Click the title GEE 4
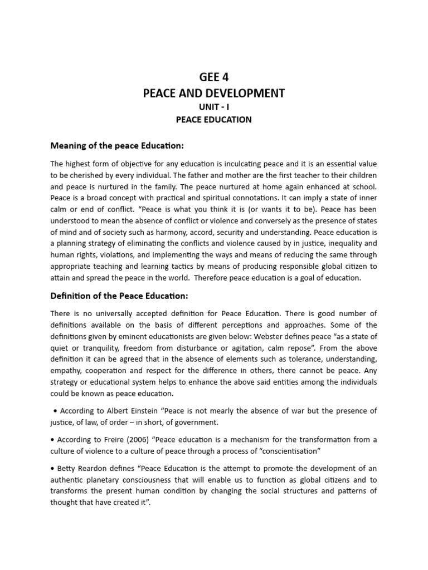point(214,77)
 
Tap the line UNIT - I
point(214,107)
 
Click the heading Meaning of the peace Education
point(117,146)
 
